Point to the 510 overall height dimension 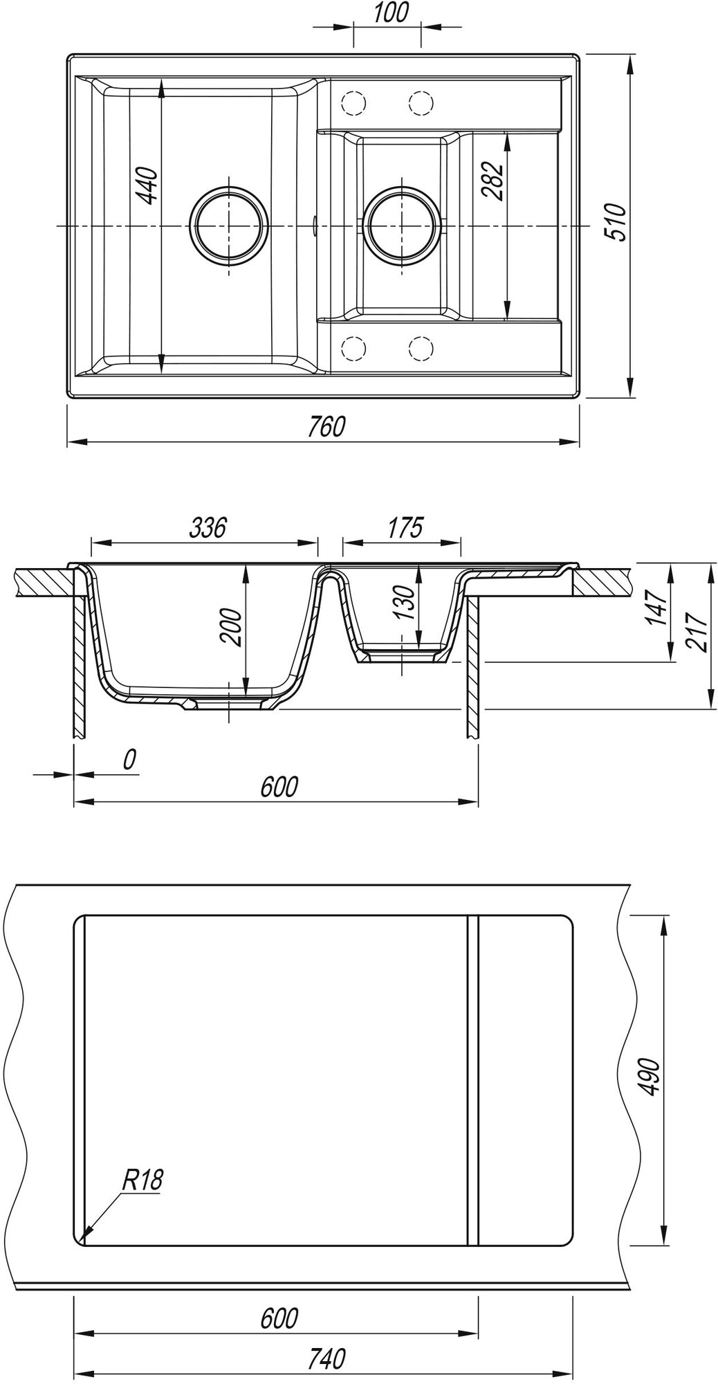[x=614, y=221]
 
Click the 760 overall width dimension [x=326, y=427]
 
